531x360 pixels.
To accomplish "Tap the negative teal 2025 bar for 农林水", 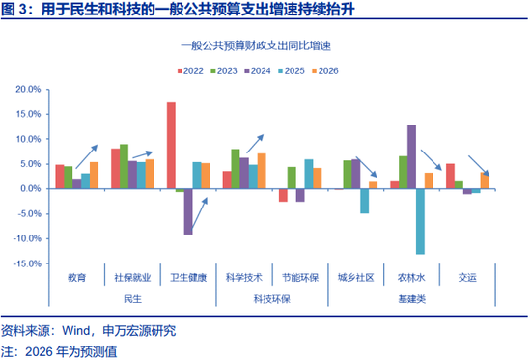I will pyautogui.click(x=421, y=221).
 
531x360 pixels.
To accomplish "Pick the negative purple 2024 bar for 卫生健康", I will pyautogui.click(x=189, y=211).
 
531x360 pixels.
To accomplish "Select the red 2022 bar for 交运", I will pyautogui.click(x=450, y=176).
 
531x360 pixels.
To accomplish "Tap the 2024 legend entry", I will pyautogui.click(x=258, y=70).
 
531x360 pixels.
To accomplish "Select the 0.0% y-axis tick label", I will pyautogui.click(x=30, y=188).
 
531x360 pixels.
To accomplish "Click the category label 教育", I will pyautogui.click(x=77, y=277).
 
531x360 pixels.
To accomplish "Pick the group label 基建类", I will pyautogui.click(x=411, y=300).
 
